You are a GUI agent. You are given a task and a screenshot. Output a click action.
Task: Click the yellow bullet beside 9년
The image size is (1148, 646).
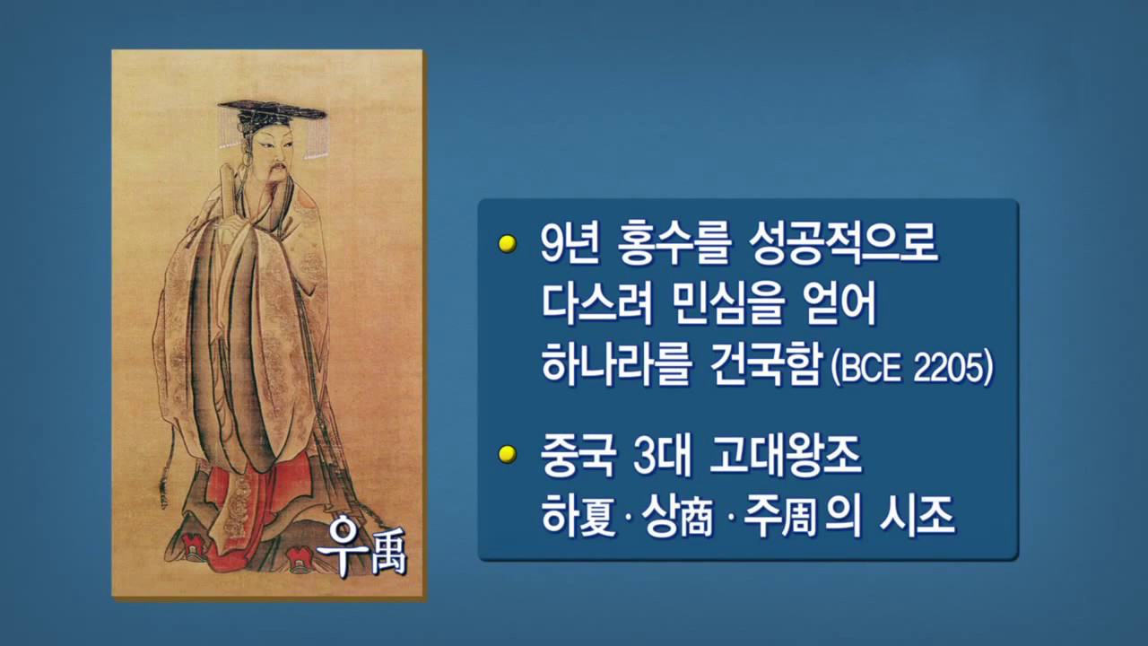coord(508,244)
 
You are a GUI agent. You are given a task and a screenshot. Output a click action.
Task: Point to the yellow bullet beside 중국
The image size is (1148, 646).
coord(508,454)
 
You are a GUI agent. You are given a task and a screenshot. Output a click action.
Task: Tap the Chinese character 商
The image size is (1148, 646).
coord(695,517)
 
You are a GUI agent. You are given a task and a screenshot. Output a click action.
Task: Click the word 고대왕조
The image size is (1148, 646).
coord(785,457)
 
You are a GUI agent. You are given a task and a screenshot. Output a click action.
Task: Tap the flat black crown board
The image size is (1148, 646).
coord(272,109)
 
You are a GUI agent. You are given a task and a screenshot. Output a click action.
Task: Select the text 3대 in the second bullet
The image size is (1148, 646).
coord(662,457)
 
